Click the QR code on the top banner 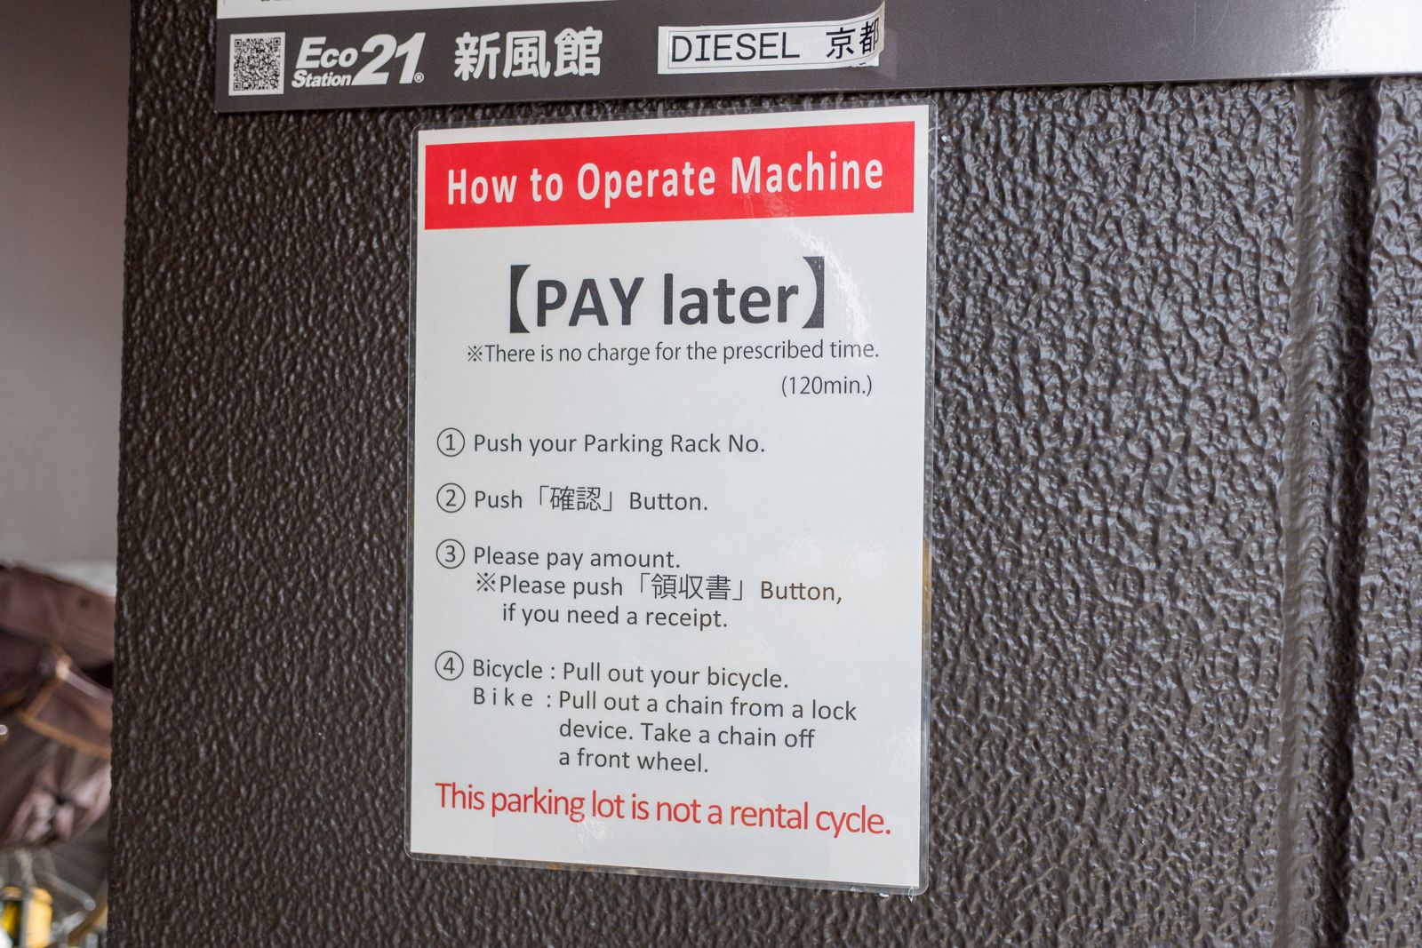click(257, 63)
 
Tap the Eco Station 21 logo click(358, 61)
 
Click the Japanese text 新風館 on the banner click(527, 54)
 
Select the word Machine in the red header click(806, 174)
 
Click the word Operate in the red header click(645, 181)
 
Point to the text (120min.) click(827, 385)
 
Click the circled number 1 click(450, 442)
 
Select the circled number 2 click(450, 498)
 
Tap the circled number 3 click(450, 554)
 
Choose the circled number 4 click(449, 667)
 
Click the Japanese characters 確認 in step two click(575, 499)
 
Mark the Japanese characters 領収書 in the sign click(691, 587)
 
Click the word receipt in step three click(686, 617)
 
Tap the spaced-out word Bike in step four click(503, 697)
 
